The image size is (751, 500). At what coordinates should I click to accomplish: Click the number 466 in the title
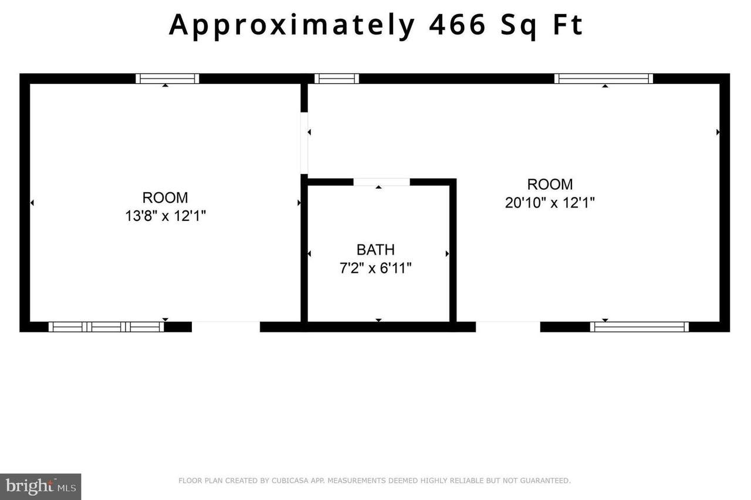[458, 25]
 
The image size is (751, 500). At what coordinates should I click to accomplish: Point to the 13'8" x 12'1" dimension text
[165, 216]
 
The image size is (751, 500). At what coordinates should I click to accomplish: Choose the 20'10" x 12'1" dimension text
[550, 203]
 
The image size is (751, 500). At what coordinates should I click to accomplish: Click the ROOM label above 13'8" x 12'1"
[165, 198]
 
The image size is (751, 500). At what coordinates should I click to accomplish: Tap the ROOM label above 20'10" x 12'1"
[550, 185]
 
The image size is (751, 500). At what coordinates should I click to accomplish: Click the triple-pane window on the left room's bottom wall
[106, 326]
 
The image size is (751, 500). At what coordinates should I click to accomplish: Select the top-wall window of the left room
[167, 79]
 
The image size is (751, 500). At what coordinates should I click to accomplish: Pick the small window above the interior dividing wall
[336, 79]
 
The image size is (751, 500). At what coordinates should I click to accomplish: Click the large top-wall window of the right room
[604, 79]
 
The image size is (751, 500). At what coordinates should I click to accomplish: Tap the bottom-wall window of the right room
[640, 326]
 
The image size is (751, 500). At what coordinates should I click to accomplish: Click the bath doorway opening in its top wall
[381, 182]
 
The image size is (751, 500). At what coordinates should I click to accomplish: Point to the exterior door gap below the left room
[226, 326]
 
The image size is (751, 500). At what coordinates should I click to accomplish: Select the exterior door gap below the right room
[508, 326]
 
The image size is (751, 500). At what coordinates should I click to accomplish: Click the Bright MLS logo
[40, 486]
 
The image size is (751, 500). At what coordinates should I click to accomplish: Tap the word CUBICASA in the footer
[287, 481]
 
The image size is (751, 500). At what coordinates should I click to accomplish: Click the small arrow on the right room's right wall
[718, 132]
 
